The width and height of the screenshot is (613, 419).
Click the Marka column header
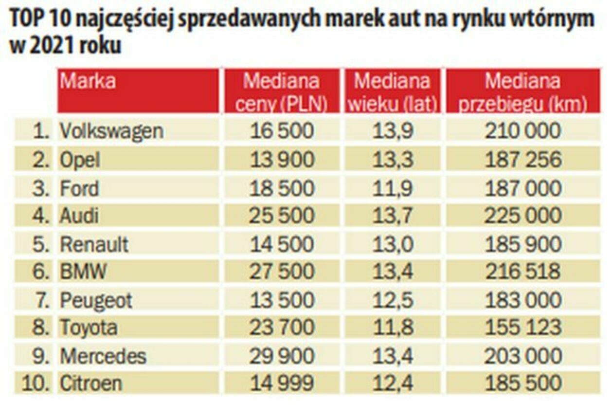coord(88,81)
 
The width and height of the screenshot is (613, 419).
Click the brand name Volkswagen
coord(111,131)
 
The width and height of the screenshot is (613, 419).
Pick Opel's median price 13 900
coord(282,160)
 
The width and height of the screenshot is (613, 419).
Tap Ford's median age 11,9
coord(393,188)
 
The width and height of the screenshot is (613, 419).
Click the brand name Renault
coord(94,244)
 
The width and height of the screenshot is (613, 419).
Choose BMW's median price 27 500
coord(282,272)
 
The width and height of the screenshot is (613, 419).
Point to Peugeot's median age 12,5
coord(393,300)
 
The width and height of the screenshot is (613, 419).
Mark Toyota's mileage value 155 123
coord(523,328)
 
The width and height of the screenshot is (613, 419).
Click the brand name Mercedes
coord(103,356)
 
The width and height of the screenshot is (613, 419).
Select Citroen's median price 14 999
coord(282,383)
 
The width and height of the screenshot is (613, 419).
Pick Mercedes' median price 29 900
coord(282,356)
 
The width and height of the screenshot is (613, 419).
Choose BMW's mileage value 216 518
coord(523,272)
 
